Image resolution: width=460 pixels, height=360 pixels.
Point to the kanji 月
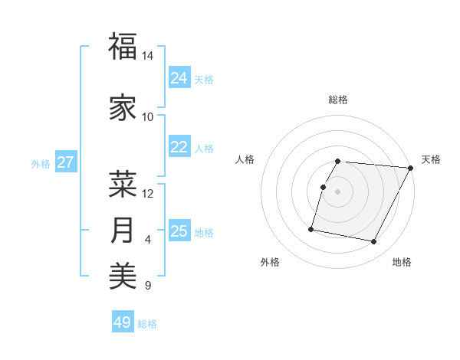[123, 231]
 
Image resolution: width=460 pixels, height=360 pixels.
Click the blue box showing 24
[179, 78]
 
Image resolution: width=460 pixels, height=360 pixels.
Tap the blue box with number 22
[179, 147]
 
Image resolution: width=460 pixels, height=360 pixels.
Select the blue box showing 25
[179, 231]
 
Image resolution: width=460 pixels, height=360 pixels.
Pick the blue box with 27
[65, 162]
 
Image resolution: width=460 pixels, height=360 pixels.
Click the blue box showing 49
[123, 322]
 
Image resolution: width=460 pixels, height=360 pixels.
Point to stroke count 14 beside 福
[148, 57]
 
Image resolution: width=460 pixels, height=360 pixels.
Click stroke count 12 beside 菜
[148, 194]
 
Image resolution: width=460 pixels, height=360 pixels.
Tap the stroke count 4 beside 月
[148, 241]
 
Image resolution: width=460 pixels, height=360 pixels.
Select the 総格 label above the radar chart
[338, 100]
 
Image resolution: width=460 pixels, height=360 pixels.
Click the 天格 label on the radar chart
[431, 159]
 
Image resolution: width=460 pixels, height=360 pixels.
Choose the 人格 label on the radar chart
[245, 159]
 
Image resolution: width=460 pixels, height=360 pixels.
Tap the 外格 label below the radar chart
[270, 262]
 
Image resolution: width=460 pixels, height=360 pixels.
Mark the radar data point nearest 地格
[374, 242]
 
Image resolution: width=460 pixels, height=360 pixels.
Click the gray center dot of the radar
[337, 191]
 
